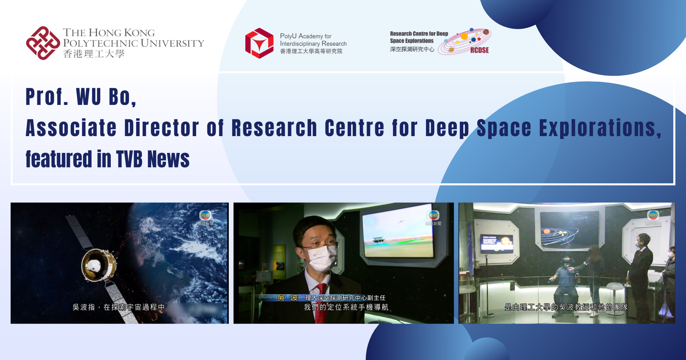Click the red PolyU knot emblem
pos(43,43)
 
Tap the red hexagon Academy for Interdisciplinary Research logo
pos(259,43)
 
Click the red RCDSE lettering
pos(479,50)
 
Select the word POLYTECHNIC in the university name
pos(100,43)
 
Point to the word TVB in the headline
pos(129,159)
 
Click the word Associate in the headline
pos(71,128)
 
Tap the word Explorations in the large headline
pos(600,128)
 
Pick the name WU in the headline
pos(88,97)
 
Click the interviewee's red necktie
pos(321,302)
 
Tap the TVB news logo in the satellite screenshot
pos(205,215)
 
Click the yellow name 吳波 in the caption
pos(287,298)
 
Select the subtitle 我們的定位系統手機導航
pos(346,307)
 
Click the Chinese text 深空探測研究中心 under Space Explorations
pos(412,49)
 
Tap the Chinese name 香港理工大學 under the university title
pos(94,54)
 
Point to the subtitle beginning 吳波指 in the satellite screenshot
pos(118,307)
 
